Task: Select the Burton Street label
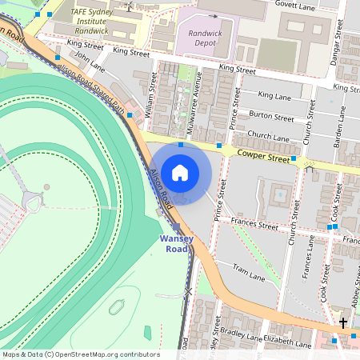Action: click(272, 117)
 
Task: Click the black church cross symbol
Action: click(343, 323)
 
